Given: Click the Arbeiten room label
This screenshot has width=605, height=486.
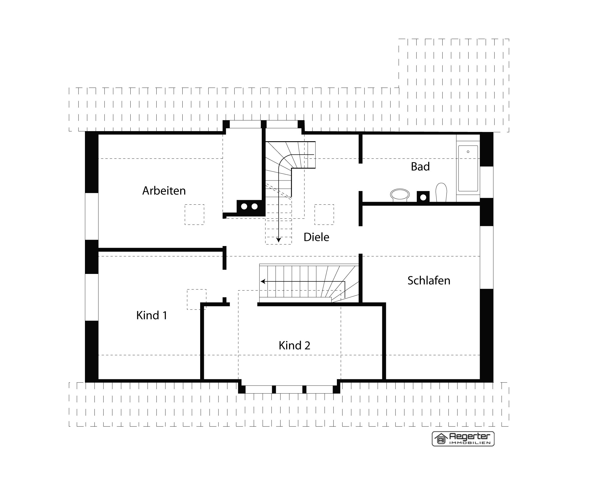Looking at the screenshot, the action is tap(164, 191).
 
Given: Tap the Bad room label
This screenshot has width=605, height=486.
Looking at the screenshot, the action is tap(420, 167).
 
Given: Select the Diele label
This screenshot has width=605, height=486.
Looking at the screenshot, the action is tap(316, 237).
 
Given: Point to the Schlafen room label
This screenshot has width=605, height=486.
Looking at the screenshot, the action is tap(429, 281).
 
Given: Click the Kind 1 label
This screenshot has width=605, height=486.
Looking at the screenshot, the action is tap(152, 315).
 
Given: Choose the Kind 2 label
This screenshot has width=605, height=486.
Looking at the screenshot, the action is tap(294, 345).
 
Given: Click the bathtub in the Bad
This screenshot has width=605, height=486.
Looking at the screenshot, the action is tap(468, 168).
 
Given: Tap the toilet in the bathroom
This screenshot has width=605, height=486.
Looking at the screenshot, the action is tap(441, 192).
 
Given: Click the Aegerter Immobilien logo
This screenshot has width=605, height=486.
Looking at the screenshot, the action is tap(463, 439).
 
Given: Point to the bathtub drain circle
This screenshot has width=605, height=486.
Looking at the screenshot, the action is tap(468, 152).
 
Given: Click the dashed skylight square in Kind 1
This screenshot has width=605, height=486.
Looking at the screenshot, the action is tap(196, 299).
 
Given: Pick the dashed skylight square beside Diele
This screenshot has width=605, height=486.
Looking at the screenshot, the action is tap(324, 214).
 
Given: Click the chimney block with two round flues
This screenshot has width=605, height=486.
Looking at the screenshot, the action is tap(250, 207).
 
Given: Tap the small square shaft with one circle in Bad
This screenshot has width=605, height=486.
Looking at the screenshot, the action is tap(423, 197).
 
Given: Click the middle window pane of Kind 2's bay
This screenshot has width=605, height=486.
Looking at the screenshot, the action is tap(289, 389).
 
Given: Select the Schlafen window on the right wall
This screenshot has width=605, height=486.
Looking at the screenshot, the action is tap(487, 257).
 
